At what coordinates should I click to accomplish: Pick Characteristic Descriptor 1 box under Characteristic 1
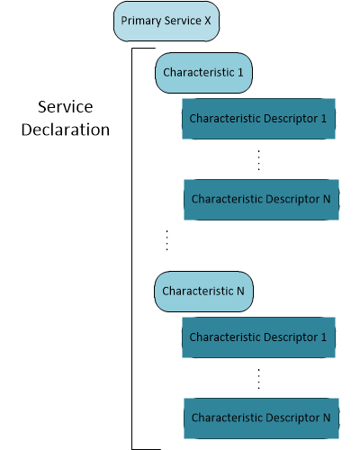(259, 119)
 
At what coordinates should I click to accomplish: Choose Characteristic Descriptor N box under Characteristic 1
(262, 199)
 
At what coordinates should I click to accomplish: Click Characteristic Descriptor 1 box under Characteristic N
(259, 337)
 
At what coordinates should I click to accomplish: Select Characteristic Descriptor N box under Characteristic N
(262, 418)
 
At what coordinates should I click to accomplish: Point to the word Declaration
(67, 130)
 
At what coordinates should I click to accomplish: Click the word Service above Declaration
(67, 106)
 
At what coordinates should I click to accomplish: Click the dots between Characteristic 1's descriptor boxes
(258, 159)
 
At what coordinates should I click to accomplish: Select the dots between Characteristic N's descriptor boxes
(258, 378)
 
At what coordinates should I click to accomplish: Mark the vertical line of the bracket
(132, 247)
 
